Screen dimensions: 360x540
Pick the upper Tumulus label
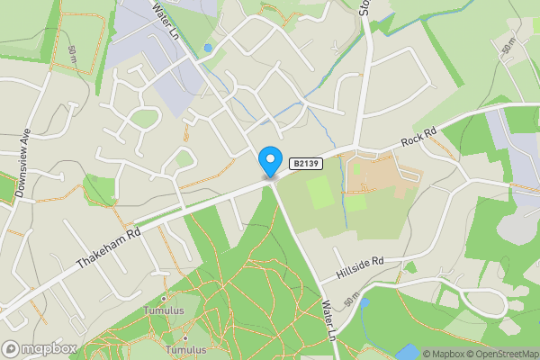pos(163,310)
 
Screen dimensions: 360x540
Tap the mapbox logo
pos(40,347)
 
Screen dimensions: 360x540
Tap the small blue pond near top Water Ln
pos(208,47)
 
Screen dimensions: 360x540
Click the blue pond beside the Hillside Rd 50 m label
pos(364,303)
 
